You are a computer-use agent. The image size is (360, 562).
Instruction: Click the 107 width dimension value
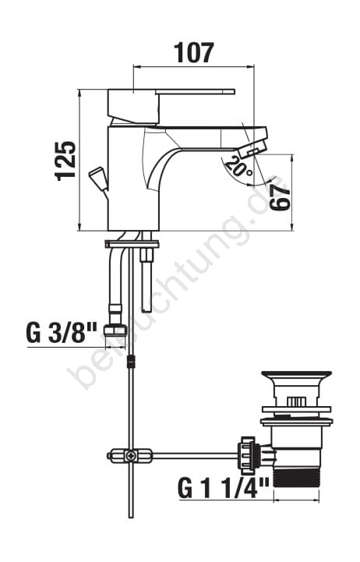click(194, 52)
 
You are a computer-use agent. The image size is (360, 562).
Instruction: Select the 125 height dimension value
click(65, 161)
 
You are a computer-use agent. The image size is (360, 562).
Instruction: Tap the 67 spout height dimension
click(279, 197)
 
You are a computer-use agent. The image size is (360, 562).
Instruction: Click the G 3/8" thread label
click(62, 333)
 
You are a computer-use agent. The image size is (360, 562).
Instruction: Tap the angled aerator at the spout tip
click(253, 150)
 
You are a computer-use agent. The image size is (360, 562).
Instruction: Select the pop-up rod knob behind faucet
click(97, 178)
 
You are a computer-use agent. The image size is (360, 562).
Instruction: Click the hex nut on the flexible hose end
click(115, 330)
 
